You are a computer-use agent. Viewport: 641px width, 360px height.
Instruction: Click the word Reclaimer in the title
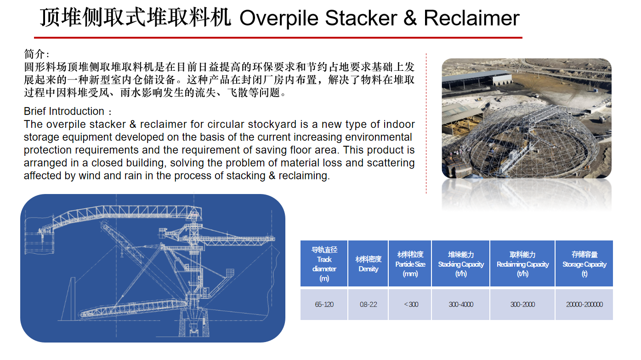[x=471, y=18]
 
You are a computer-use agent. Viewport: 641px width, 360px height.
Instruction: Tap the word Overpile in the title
[x=279, y=18]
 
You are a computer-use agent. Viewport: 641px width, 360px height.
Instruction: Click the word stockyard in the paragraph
[x=272, y=124]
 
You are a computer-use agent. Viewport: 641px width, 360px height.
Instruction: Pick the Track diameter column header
[x=324, y=264]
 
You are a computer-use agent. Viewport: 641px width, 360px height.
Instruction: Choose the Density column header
[x=369, y=264]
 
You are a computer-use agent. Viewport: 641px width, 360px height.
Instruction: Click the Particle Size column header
[x=410, y=264]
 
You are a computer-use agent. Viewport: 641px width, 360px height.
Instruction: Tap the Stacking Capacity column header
[x=461, y=264]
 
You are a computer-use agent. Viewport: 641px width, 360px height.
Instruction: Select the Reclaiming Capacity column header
[x=522, y=264]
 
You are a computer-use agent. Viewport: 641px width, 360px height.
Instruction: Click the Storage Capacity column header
[x=584, y=264]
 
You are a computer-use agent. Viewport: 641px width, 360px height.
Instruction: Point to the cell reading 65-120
[x=324, y=304]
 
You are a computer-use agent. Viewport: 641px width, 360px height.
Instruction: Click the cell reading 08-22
[x=369, y=304]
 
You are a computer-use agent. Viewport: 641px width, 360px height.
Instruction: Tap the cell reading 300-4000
[x=461, y=304]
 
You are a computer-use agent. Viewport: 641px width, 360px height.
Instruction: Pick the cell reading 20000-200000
[x=584, y=304]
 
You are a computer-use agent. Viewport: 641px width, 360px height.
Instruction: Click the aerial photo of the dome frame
[x=527, y=118]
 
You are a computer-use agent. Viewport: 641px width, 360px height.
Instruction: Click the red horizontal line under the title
[x=278, y=38]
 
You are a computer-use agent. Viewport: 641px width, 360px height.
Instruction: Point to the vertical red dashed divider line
[x=426, y=123]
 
